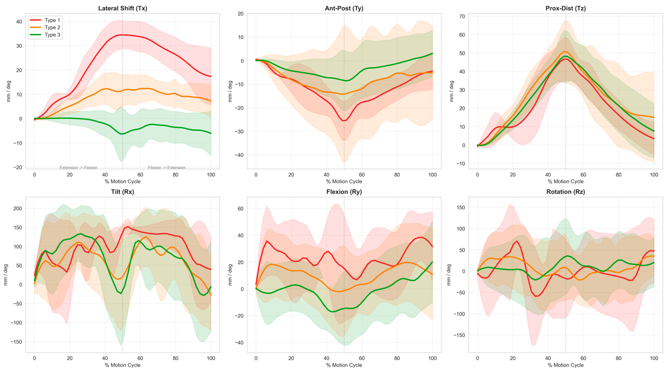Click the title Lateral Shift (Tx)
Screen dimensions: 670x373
(x=122, y=8)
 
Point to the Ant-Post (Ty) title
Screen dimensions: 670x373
(x=344, y=8)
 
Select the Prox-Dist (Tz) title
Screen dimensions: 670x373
(x=565, y=8)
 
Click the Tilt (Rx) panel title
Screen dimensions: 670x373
(x=122, y=192)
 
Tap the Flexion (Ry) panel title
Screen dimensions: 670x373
(x=344, y=192)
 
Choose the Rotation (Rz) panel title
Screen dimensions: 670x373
(x=565, y=192)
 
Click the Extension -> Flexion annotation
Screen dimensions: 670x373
(x=79, y=168)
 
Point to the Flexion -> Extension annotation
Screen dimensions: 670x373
(x=167, y=168)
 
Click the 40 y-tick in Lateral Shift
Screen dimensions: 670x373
(x=19, y=22)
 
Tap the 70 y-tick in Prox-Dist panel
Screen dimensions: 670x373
(x=462, y=16)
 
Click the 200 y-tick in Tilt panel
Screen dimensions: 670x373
(x=18, y=209)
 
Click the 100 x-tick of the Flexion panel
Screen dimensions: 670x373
(x=432, y=358)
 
